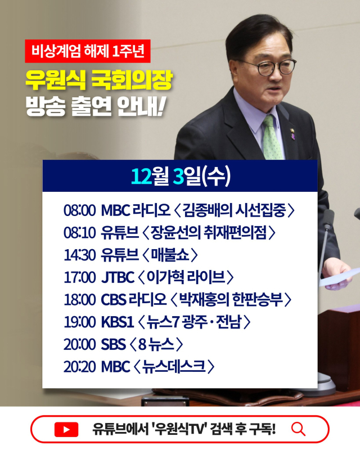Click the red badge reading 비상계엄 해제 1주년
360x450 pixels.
[x=88, y=52]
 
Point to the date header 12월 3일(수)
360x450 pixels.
[x=180, y=175]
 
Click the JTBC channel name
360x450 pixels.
[x=118, y=277]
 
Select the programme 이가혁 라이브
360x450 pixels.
[x=185, y=277]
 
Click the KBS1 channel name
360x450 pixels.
[x=117, y=322]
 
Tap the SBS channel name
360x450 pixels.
[x=113, y=344]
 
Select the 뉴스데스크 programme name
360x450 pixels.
[x=174, y=366]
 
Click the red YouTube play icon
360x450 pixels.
[x=66, y=430]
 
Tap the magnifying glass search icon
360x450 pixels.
[x=298, y=429]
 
